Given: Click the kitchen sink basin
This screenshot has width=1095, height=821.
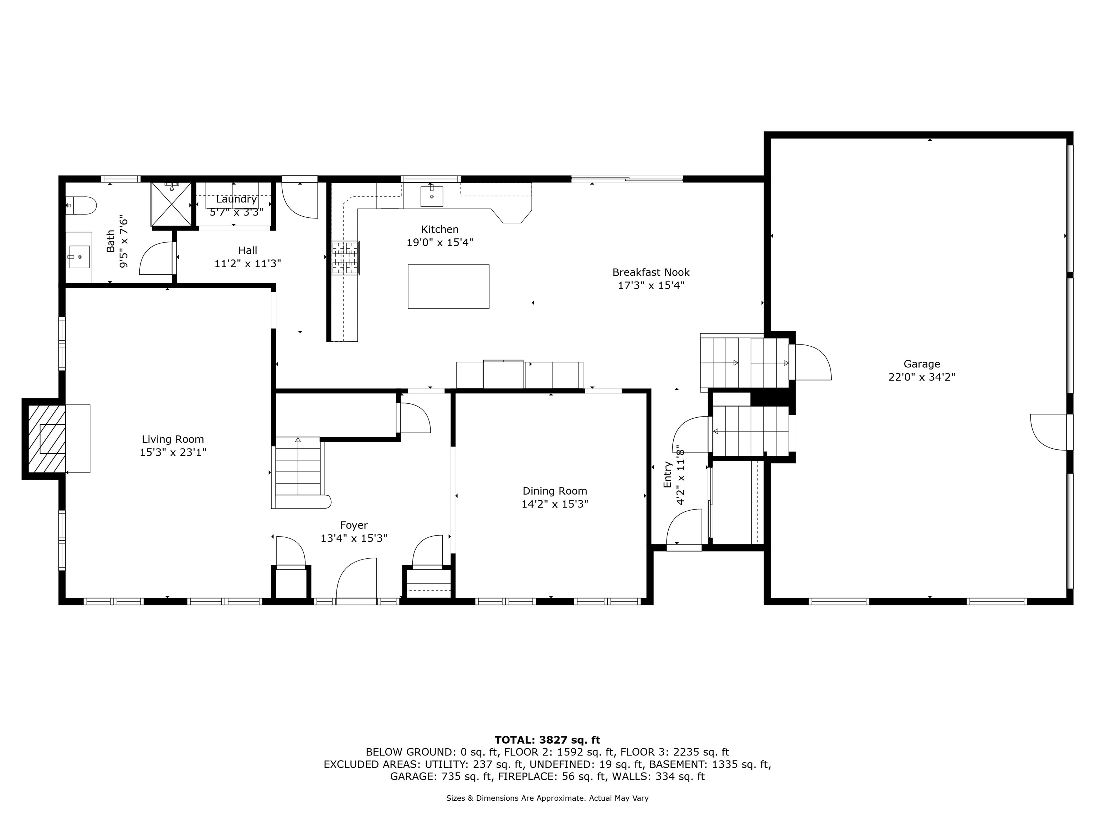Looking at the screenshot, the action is tap(432, 196).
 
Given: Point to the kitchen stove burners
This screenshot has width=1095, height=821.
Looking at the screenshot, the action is tap(345, 257).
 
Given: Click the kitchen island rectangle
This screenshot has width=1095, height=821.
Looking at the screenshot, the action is tap(448, 286).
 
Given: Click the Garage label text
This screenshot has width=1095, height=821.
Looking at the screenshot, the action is tap(922, 364).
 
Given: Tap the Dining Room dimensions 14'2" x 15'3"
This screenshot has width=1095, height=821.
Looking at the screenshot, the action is tap(555, 504).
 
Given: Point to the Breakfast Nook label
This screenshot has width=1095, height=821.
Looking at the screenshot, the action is tap(651, 272).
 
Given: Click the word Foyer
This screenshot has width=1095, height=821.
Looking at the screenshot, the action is tap(354, 525).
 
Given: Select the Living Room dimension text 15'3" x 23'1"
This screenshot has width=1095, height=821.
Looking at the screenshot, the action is tap(173, 452).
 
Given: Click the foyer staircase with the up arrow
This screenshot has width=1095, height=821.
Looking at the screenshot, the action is tap(298, 466).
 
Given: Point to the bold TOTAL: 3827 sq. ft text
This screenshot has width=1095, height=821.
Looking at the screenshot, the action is tap(547, 740).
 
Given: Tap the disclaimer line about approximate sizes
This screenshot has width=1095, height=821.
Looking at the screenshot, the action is tap(547, 798).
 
